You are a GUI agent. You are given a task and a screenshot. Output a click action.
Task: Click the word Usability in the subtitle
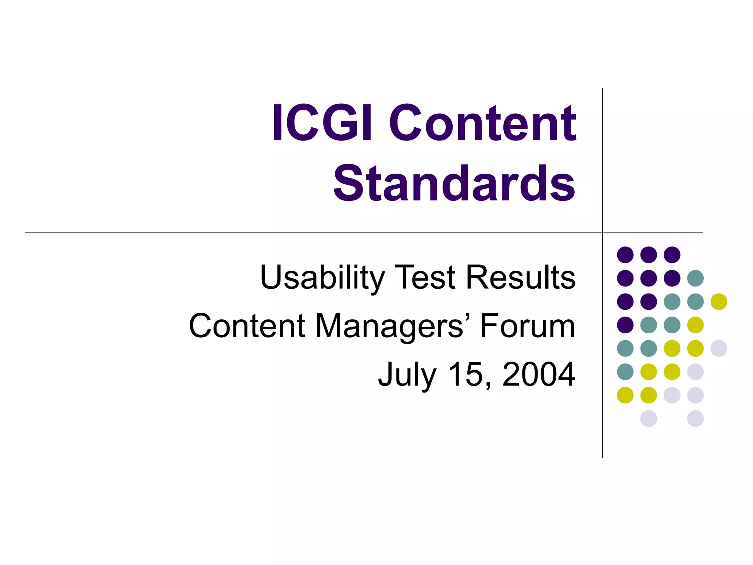(x=322, y=278)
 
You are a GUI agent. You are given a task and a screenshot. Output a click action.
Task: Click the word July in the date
(x=407, y=375)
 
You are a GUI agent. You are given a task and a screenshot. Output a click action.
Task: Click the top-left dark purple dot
(x=625, y=255)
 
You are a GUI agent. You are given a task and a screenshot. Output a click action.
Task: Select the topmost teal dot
(x=695, y=278)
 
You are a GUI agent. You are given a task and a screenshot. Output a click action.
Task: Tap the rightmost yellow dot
(x=719, y=302)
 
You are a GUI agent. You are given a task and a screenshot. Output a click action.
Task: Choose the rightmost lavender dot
(x=719, y=348)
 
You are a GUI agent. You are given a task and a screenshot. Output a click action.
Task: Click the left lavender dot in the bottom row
(x=649, y=419)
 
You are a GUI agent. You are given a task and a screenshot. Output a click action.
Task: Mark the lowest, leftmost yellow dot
(x=625, y=395)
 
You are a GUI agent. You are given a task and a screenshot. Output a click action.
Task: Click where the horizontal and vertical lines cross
(x=602, y=232)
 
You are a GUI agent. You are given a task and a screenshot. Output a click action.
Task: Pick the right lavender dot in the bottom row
(x=695, y=419)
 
